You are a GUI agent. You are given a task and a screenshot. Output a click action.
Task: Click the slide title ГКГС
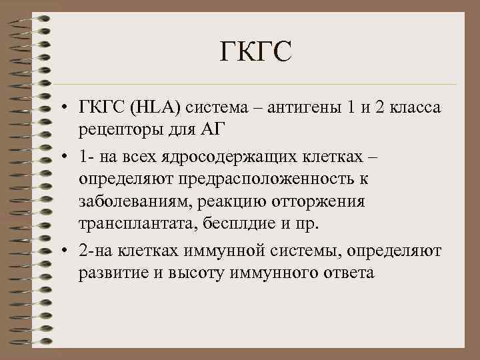pos(255,52)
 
